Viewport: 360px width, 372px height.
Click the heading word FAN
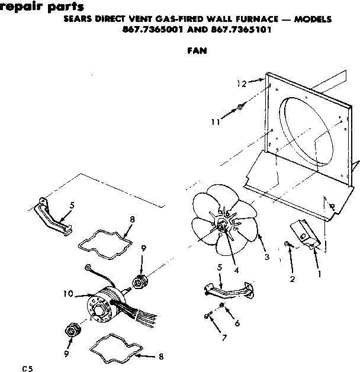point(196,50)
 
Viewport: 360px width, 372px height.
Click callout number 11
point(217,122)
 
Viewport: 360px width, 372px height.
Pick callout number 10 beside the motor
point(67,293)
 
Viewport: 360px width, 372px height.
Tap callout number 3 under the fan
point(267,257)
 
